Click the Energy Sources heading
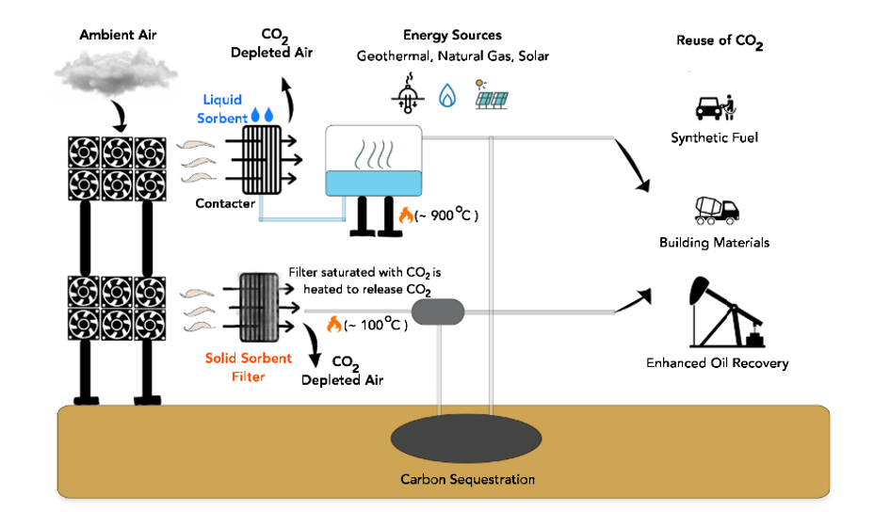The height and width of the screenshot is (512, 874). (452, 36)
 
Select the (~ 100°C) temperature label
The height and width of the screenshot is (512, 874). (373, 326)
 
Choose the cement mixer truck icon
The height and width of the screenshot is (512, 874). (714, 211)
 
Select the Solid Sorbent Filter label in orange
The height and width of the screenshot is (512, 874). (237, 368)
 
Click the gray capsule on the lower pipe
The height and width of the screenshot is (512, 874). (439, 312)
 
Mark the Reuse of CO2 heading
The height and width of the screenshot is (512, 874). (719, 41)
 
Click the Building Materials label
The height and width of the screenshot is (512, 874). (714, 243)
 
